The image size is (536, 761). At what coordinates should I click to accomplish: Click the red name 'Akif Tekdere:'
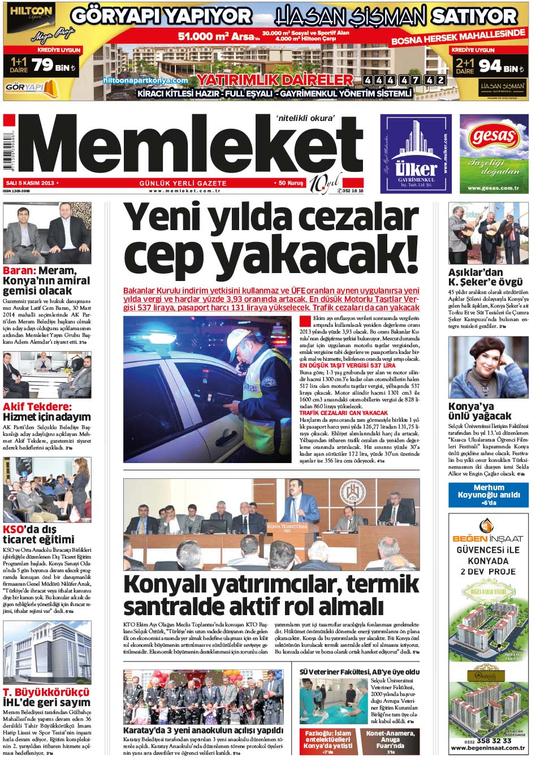point(37,407)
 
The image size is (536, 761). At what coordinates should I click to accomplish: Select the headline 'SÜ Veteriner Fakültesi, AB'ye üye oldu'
point(359,672)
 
